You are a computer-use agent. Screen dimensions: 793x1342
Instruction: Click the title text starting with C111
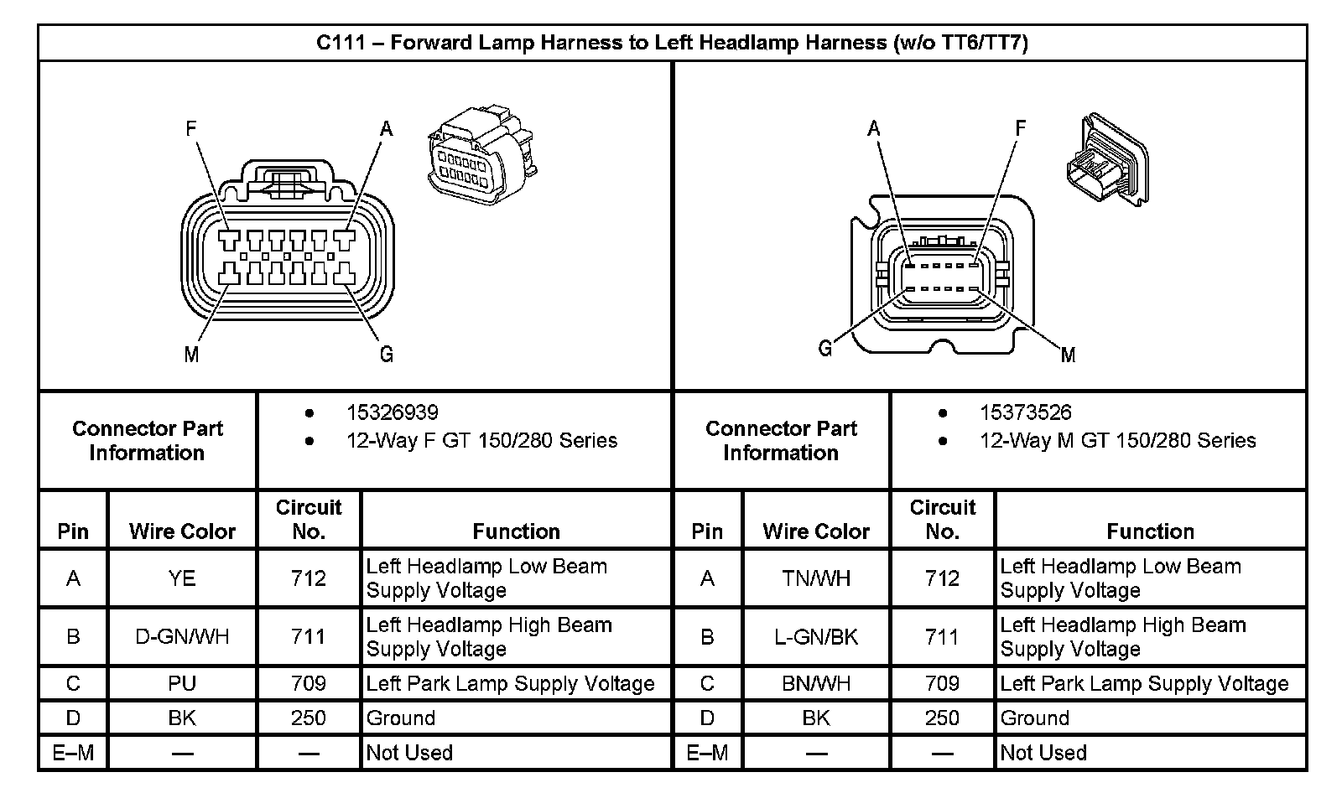(672, 43)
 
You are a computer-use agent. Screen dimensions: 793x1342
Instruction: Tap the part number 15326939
(392, 412)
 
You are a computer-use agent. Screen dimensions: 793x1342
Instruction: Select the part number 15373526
(1025, 412)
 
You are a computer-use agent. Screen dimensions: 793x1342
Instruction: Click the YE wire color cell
(182, 578)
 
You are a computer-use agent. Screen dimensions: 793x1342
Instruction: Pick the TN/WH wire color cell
(815, 578)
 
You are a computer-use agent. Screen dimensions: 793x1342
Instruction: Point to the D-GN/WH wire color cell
(182, 637)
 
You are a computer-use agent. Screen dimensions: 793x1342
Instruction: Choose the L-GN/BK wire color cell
(815, 637)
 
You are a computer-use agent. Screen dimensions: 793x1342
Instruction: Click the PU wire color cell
(182, 684)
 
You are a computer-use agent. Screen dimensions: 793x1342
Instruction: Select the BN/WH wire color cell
(815, 684)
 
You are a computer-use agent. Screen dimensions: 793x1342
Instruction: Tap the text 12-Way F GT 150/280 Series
(481, 441)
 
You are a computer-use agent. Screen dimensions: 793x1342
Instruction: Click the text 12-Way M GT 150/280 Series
(1117, 441)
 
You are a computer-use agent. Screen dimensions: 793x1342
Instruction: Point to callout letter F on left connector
(191, 129)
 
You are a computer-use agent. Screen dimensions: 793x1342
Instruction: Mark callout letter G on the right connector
(825, 349)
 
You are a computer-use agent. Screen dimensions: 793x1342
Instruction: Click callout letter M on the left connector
(191, 355)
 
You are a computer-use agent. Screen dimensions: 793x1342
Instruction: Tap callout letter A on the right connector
(874, 129)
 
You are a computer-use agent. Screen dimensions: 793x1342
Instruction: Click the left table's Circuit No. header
(309, 519)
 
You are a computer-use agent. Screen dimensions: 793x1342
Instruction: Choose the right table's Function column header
(1150, 531)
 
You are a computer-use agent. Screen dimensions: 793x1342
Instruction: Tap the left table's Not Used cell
(409, 753)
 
